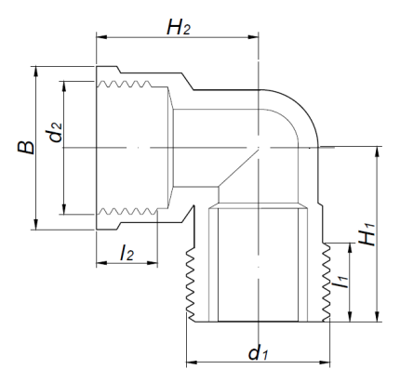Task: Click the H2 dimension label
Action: [x=179, y=27]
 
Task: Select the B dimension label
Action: [x=25, y=148]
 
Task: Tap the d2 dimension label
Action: [x=56, y=133]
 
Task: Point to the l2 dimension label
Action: [x=127, y=253]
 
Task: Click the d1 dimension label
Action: [x=258, y=353]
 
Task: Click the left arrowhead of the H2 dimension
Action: [x=101, y=37]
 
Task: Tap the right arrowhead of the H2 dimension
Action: [x=253, y=37]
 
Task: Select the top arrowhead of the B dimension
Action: [x=36, y=72]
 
